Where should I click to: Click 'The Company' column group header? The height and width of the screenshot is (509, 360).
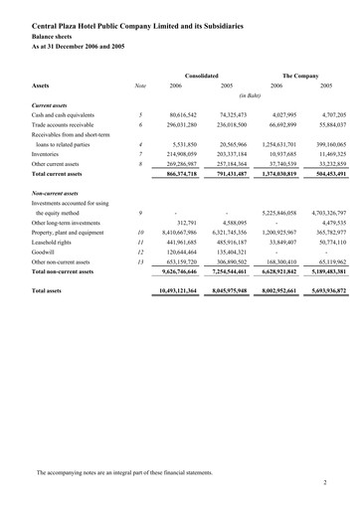pyautogui.click(x=299, y=75)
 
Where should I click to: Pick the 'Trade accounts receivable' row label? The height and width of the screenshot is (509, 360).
pyautogui.click(x=73, y=125)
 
